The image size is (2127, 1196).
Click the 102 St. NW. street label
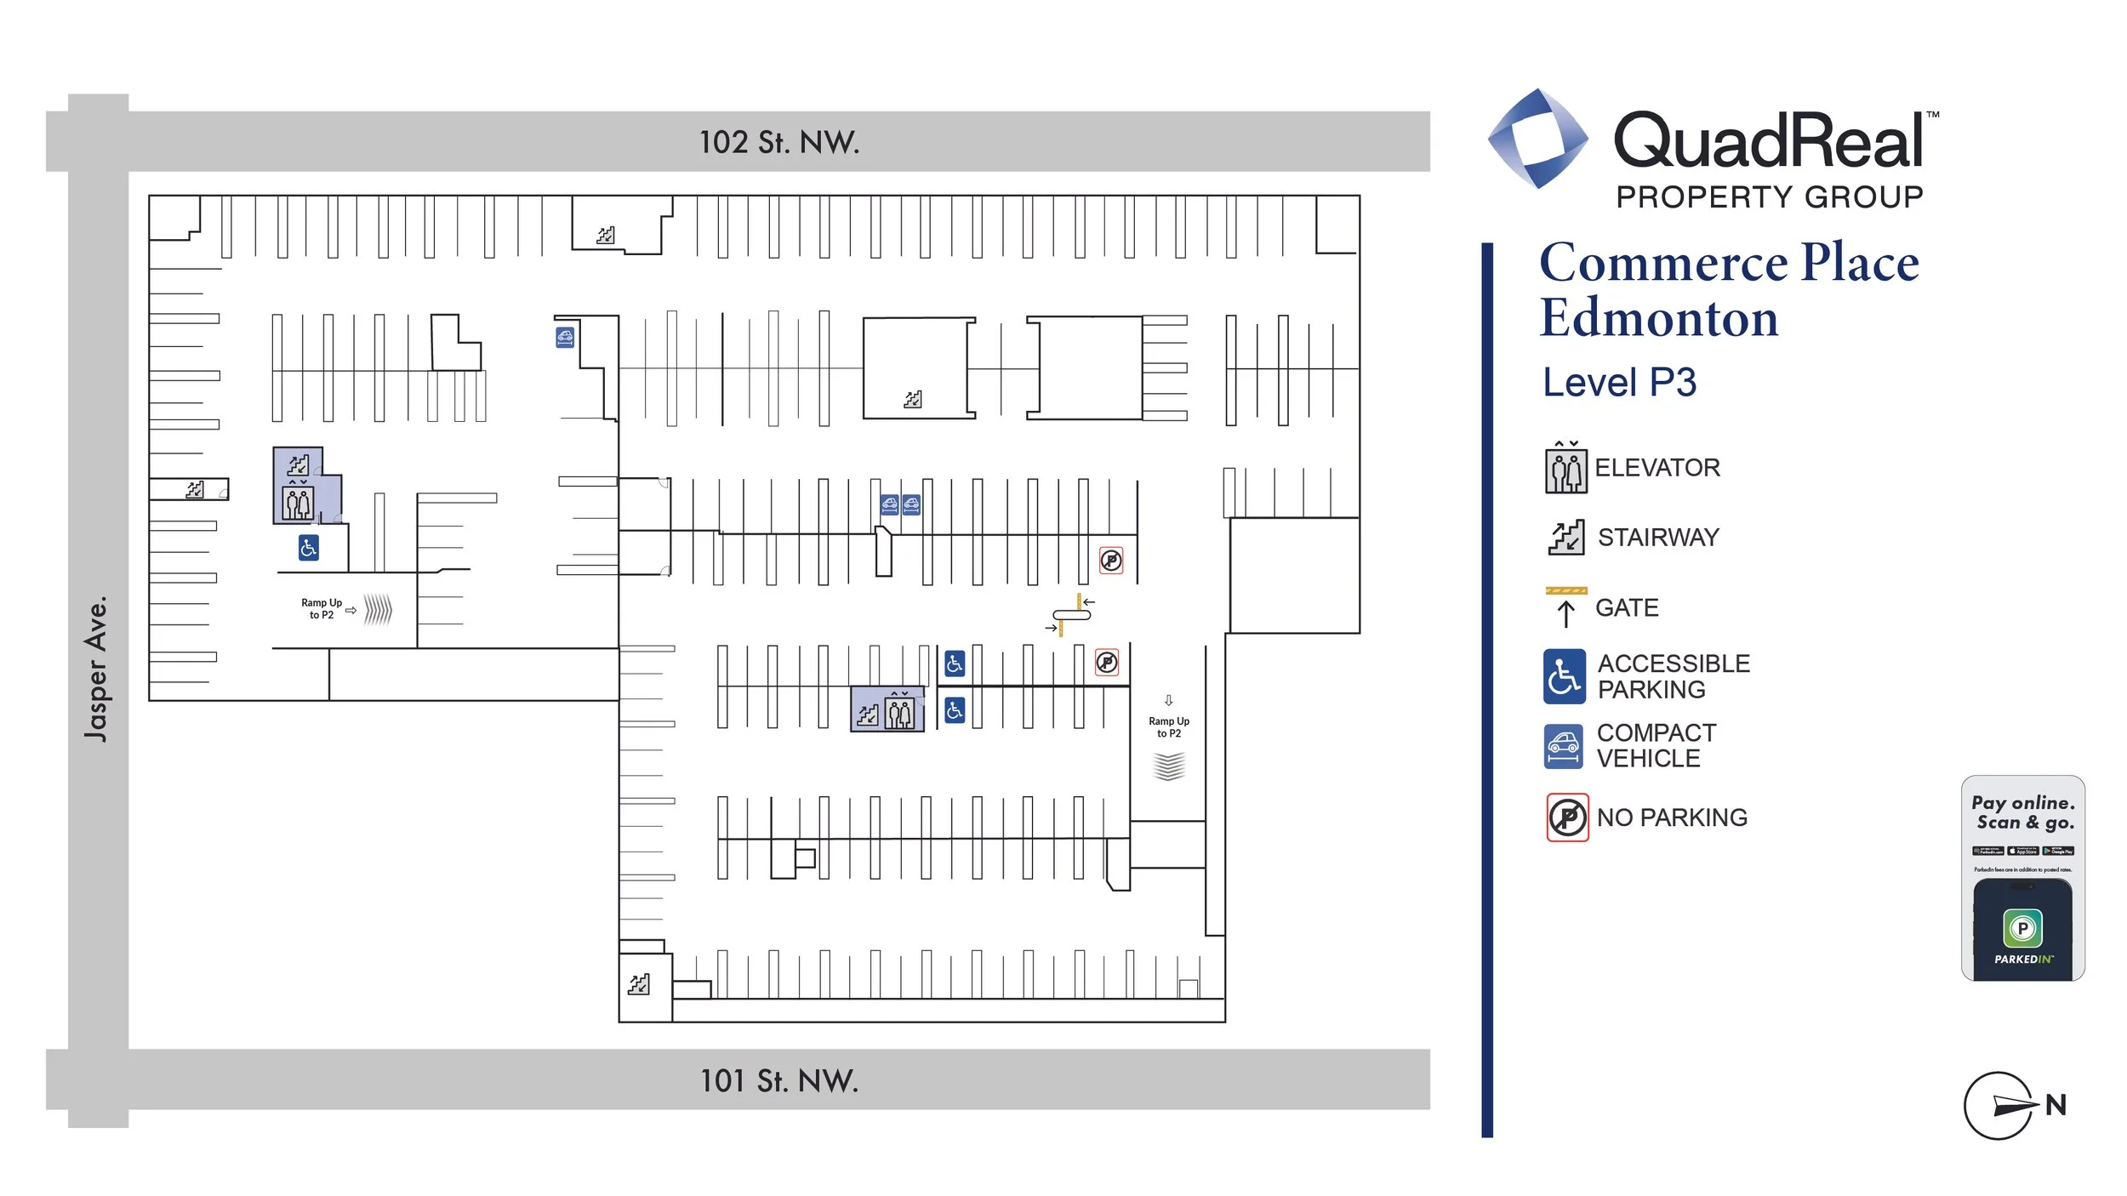click(x=778, y=142)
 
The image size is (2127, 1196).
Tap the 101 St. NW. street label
click(x=778, y=1080)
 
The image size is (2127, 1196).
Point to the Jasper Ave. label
click(x=97, y=669)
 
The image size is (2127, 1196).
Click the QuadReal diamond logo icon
click(x=1537, y=139)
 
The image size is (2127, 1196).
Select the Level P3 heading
click(x=1619, y=383)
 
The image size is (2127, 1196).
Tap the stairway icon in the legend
click(x=1565, y=538)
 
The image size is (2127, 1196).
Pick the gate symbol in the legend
click(x=1565, y=607)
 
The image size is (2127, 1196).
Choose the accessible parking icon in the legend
click(x=1564, y=676)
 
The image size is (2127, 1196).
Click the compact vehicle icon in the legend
click(x=1563, y=746)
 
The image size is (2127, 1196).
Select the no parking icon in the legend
click(x=1566, y=817)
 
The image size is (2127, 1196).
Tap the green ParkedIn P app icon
click(x=2022, y=927)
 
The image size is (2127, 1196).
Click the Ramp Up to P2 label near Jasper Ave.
click(x=322, y=608)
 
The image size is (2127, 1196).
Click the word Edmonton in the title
click(x=1658, y=319)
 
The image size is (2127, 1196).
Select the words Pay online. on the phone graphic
click(x=2022, y=802)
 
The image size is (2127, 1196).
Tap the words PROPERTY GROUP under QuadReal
click(x=1769, y=197)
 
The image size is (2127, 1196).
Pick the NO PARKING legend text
click(x=1671, y=817)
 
